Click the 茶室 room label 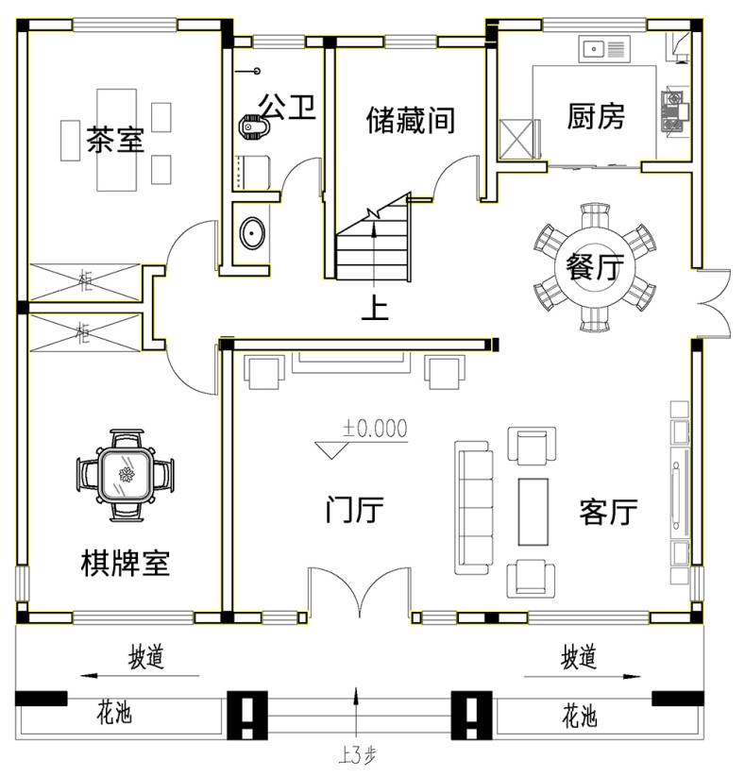pos(115,139)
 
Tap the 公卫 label pos(287,107)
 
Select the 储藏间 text pos(411,120)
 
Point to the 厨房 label pos(596,116)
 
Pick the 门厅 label pos(354,510)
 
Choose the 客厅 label pos(608,512)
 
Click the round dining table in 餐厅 pos(594,266)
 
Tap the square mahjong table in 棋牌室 pos(125,475)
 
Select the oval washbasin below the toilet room pos(252,232)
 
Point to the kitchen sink pos(603,48)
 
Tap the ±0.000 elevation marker pos(362,437)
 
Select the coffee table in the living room pos(533,512)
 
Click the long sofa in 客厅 pos(474,507)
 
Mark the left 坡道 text pos(145,656)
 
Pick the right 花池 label pos(580,716)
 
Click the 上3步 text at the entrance pos(357,755)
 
